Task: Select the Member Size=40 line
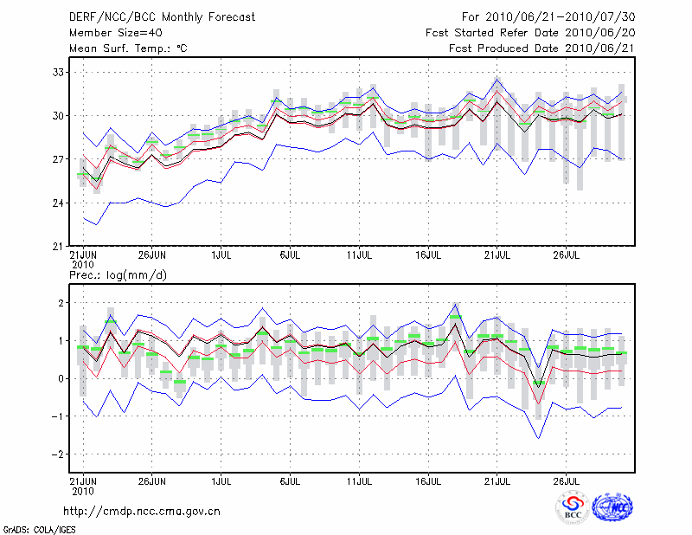tap(115, 33)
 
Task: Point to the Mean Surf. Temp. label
tap(128, 48)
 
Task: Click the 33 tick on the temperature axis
tap(57, 72)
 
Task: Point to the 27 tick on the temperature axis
tap(57, 159)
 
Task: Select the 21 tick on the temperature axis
tap(57, 246)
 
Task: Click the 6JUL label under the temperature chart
tap(291, 255)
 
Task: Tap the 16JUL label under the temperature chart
tap(428, 255)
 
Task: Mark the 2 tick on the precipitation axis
tap(61, 303)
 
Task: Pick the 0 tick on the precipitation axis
tap(61, 378)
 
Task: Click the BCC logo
tap(573, 510)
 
